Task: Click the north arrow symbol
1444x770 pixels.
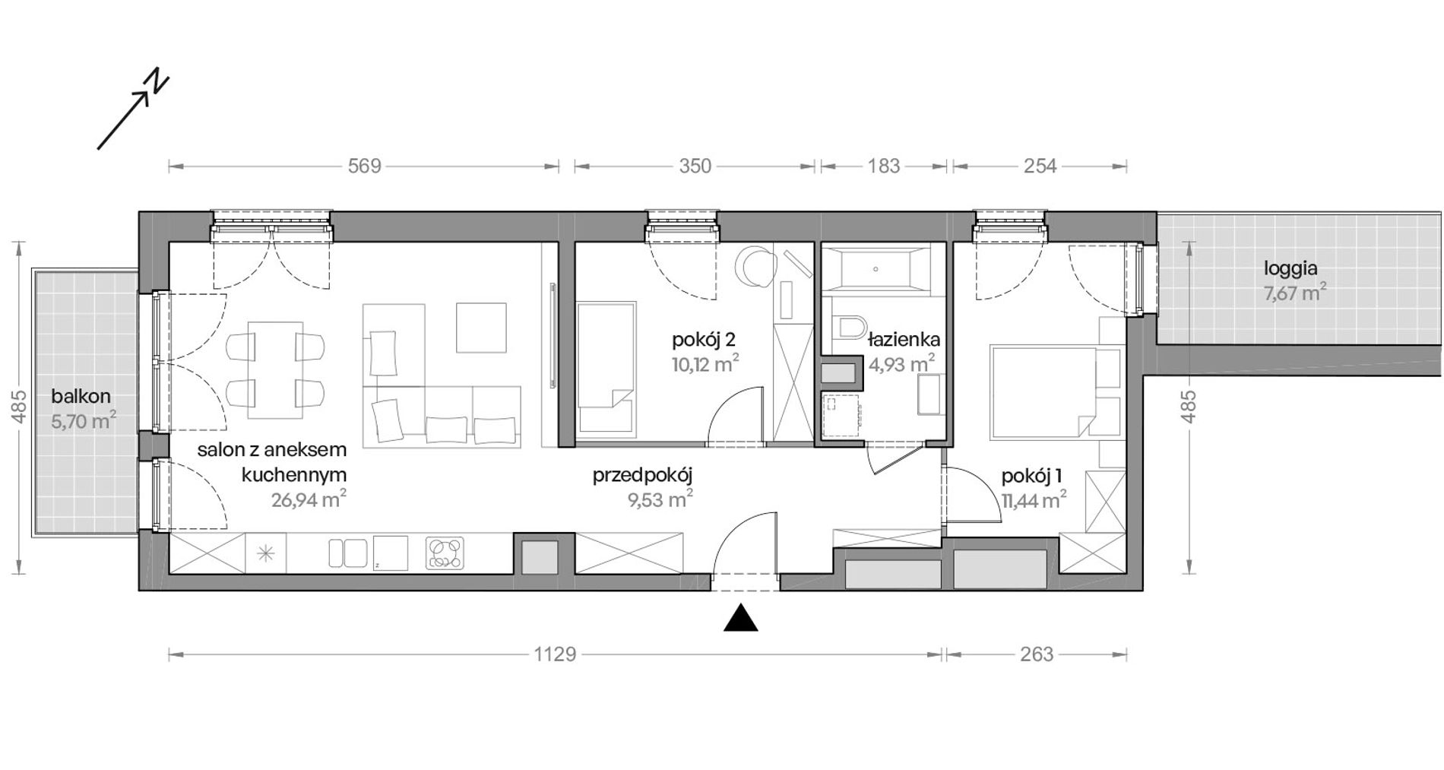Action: click(133, 110)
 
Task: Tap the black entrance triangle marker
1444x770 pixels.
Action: click(740, 618)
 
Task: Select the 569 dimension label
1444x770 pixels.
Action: click(364, 166)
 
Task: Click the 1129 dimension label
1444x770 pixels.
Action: click(555, 654)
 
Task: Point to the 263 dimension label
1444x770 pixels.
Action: click(1037, 654)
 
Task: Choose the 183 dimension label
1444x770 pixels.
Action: click(884, 166)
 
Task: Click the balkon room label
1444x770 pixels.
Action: click(81, 396)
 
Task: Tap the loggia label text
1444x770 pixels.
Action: click(1290, 268)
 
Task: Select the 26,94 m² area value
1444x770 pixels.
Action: click(309, 499)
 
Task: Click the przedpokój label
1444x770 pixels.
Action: click(643, 477)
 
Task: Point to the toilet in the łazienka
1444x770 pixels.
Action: click(849, 328)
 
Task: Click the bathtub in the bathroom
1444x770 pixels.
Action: click(876, 269)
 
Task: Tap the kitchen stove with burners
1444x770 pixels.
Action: click(445, 553)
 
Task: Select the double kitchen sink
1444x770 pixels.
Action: click(348, 553)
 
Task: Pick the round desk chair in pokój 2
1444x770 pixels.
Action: click(755, 269)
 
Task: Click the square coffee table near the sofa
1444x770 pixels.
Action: click(481, 328)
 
